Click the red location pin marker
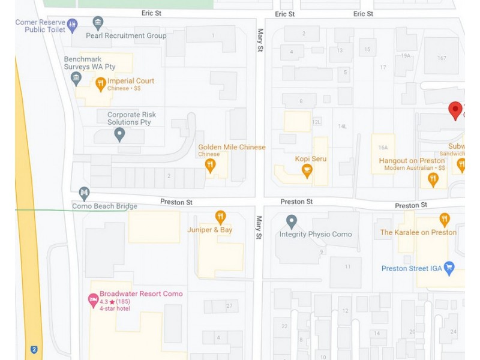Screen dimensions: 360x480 point(455,110)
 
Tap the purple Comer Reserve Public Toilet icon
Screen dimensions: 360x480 point(73,26)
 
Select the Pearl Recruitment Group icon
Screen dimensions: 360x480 point(98,23)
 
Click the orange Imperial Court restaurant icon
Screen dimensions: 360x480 point(100,84)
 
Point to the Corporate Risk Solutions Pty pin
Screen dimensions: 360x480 point(119,134)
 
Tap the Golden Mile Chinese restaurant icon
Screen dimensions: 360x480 point(210,164)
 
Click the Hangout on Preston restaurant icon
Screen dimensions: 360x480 point(433,178)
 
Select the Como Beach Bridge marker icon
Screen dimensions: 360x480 point(84,193)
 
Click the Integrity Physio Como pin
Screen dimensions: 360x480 point(292,221)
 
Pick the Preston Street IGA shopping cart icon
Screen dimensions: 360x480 point(449,268)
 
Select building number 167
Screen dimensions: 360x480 point(442,58)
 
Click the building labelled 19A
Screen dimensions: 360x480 point(406,55)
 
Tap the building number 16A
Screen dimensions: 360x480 point(383,148)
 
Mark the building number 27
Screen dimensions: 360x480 point(229,306)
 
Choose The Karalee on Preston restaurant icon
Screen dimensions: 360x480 point(444,220)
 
